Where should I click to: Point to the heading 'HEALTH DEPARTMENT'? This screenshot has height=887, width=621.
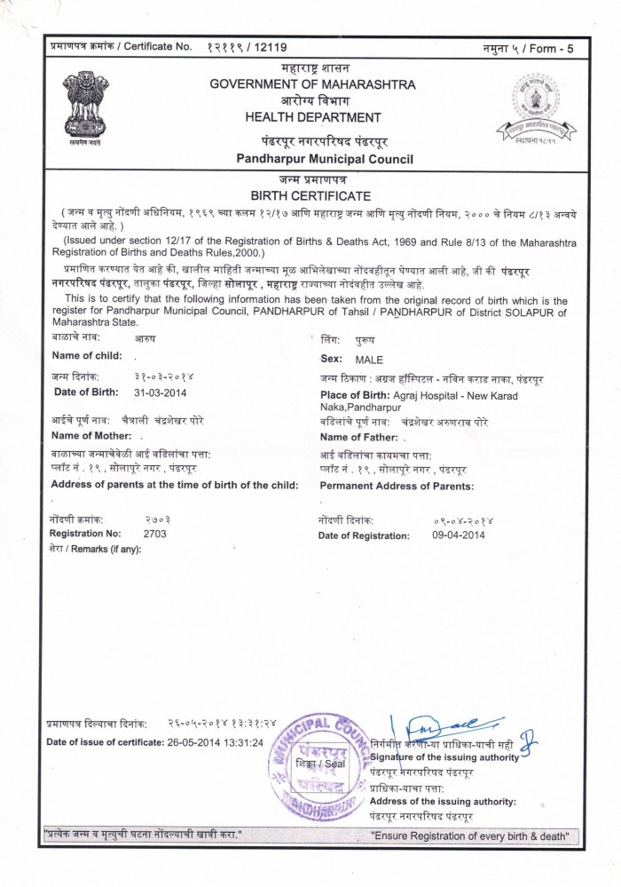[313, 117]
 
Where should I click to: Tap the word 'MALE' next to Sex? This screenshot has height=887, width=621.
[369, 360]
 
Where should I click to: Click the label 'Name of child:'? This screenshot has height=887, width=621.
[87, 355]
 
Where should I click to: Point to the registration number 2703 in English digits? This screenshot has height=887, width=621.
[154, 535]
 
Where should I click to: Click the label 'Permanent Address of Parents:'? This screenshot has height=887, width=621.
[397, 486]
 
